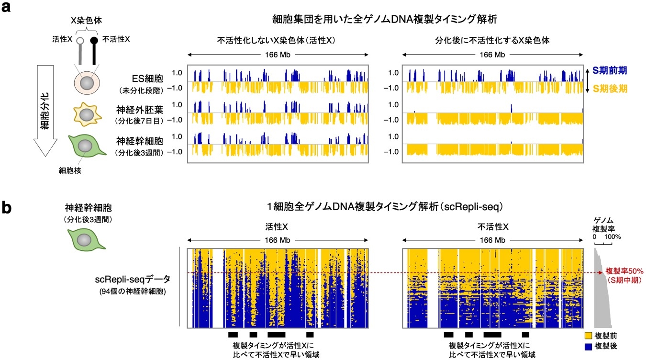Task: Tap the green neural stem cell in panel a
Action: click(x=87, y=146)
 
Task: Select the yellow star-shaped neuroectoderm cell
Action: click(x=87, y=115)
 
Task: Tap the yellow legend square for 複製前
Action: click(x=589, y=336)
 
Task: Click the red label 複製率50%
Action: click(x=621, y=270)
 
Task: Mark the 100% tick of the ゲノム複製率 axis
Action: click(x=613, y=236)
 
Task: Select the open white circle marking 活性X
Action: click(x=79, y=42)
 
